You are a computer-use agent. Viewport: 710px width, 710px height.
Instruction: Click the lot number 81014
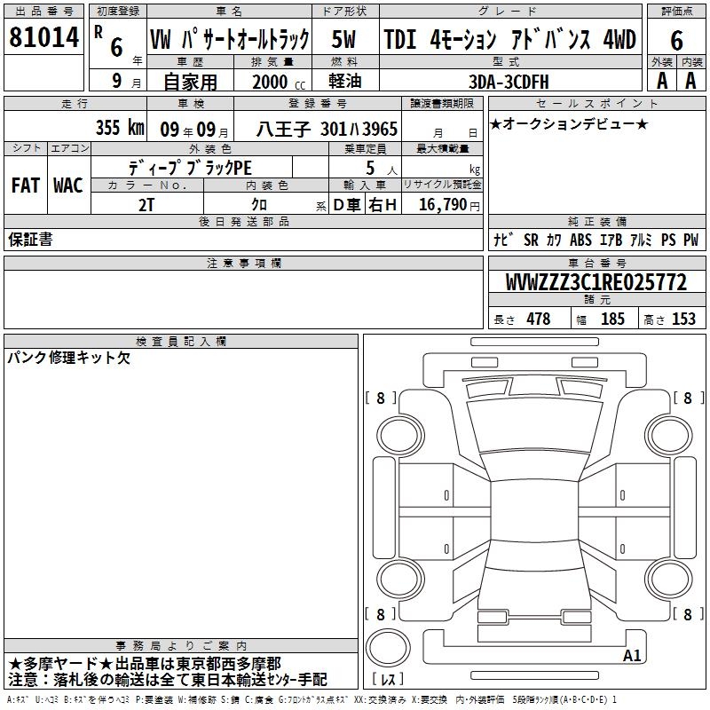point(43,37)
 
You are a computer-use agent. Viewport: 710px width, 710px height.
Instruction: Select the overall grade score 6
point(676,40)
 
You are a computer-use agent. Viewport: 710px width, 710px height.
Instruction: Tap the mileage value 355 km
point(120,128)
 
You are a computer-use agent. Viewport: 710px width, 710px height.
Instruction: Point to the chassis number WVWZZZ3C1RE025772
point(596,282)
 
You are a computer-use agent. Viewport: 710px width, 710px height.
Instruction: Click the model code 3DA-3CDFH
point(509,82)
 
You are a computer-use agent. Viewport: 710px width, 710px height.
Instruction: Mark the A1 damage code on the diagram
point(632,655)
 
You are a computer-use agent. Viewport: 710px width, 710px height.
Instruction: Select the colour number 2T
point(146,205)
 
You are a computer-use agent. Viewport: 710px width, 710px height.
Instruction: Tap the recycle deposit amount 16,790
point(442,205)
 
